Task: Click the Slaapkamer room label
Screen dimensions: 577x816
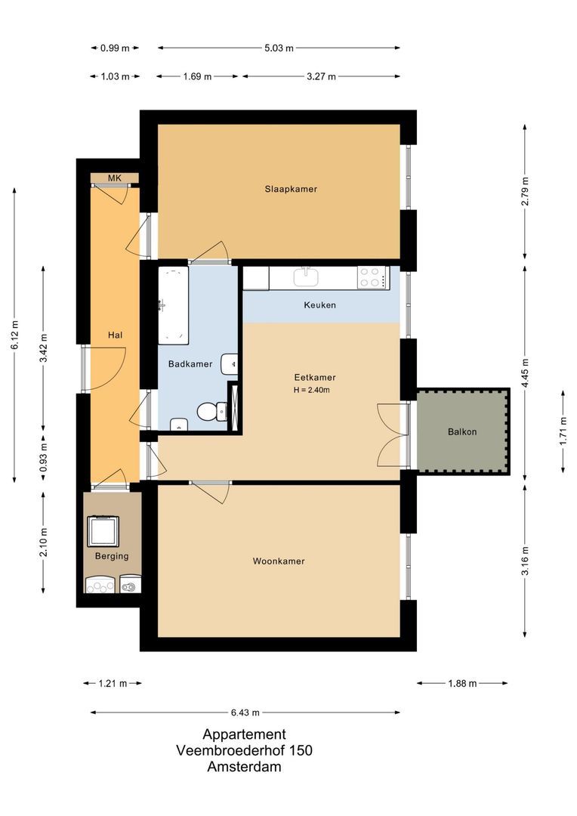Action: point(291,189)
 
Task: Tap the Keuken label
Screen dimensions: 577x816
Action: point(319,305)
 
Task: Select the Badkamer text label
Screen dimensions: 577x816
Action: point(190,363)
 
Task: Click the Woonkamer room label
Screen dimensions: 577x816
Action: point(279,561)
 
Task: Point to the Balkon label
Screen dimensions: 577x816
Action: point(462,431)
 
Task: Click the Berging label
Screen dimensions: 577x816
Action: point(111,556)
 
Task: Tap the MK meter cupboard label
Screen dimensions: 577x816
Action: point(115,178)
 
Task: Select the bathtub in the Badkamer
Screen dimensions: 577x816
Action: point(173,305)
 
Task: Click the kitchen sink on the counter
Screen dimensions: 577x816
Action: point(306,277)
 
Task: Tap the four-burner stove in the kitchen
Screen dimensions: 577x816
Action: point(372,277)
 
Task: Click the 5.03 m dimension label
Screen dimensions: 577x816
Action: point(279,48)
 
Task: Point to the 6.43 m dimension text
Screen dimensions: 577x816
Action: point(245,712)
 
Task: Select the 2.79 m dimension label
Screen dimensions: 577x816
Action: point(525,191)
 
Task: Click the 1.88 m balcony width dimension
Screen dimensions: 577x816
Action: point(462,683)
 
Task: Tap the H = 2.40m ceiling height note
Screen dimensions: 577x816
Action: point(312,390)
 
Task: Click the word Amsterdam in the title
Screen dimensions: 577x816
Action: point(244,767)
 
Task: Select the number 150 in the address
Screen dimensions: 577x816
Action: point(301,750)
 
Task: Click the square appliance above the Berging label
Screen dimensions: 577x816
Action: point(103,531)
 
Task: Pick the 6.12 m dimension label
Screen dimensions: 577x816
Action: point(14,335)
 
